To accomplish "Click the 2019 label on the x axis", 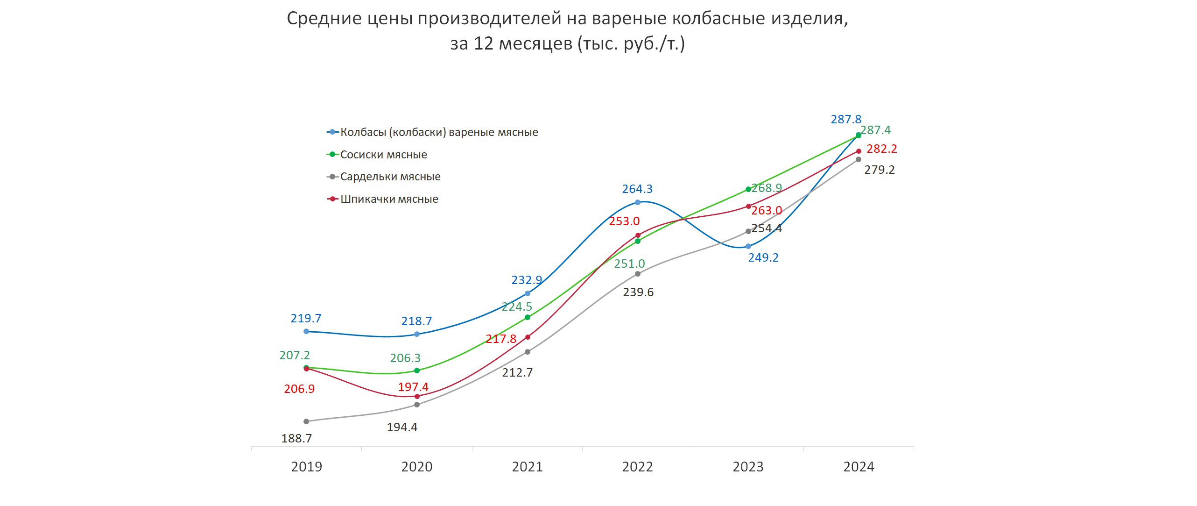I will click(306, 467).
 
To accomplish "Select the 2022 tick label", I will click(637, 467).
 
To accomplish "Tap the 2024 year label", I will click(859, 467).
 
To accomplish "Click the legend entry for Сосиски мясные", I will click(383, 155).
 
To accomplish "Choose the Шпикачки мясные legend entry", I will click(389, 199).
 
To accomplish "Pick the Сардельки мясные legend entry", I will click(390, 177).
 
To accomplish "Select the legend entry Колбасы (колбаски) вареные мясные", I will click(439, 132).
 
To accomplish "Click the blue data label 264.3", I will click(637, 189).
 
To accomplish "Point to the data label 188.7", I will click(296, 438).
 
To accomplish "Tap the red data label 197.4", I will click(413, 387).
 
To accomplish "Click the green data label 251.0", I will click(629, 264).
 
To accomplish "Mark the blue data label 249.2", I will click(763, 258).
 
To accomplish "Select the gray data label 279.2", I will click(880, 170).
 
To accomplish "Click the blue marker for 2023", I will click(748, 246).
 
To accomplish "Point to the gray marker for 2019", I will click(306, 421).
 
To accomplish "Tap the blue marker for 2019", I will click(306, 331).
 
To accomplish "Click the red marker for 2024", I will click(859, 151).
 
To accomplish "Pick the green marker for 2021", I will click(528, 317).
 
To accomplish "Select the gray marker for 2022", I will click(638, 274).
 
